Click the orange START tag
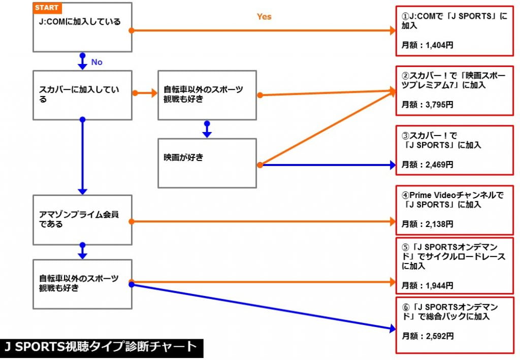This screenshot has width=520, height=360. [x=47, y=8]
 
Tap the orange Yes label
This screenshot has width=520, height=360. [x=264, y=17]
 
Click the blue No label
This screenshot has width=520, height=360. [x=96, y=62]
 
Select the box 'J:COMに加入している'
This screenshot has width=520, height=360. [x=82, y=27]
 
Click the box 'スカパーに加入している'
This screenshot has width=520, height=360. [x=82, y=95]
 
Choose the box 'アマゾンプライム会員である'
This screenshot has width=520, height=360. [x=82, y=220]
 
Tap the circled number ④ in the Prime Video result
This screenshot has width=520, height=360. [x=405, y=195]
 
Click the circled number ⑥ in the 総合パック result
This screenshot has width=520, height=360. [x=405, y=308]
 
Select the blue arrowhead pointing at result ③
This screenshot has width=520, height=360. [x=392, y=165]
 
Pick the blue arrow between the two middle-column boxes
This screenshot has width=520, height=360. [x=207, y=129]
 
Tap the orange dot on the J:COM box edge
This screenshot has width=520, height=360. [x=132, y=31]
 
